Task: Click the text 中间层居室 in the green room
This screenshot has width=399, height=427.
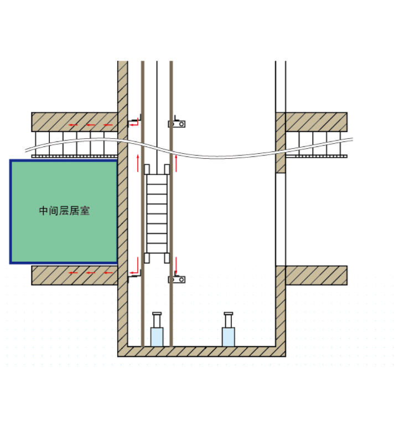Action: pos(64,211)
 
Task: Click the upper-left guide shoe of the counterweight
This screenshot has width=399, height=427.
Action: pos(147,169)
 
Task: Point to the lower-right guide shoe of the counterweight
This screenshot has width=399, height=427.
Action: pos(167,258)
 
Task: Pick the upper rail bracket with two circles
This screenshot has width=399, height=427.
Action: pos(177,124)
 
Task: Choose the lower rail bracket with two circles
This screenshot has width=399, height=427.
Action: pos(177,279)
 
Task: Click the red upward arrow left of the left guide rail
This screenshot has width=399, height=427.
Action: pos(138,163)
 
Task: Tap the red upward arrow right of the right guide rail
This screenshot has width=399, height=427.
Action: pos(176,163)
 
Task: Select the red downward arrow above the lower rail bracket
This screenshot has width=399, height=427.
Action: pos(176,265)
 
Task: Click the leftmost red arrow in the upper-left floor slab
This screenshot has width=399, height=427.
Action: pos(73,125)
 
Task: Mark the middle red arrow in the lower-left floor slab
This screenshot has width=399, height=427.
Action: pos(91,273)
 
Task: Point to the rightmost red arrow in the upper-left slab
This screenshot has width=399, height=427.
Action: pos(108,125)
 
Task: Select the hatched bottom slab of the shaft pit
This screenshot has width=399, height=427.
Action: pos(201,352)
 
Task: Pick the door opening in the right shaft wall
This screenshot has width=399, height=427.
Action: pos(281,219)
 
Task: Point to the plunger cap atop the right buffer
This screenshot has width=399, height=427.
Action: pos(228,314)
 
